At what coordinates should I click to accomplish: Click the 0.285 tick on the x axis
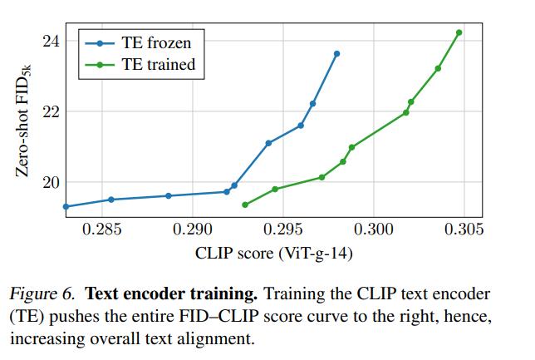103,229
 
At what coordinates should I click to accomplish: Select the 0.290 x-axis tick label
193,229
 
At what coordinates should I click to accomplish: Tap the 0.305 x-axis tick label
462,229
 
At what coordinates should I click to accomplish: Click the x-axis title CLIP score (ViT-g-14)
273,252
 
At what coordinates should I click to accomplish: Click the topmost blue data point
336,54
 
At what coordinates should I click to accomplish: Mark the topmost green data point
459,33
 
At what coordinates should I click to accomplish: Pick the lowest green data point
245,205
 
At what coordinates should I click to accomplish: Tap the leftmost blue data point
66,206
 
